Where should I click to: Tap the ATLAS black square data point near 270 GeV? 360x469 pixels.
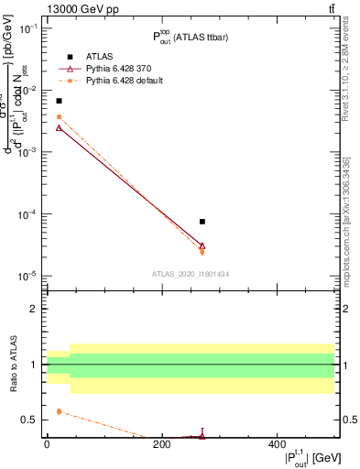tap(202, 222)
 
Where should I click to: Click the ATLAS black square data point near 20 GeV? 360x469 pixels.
tap(60, 101)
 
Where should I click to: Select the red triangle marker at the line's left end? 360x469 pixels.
tap(60, 127)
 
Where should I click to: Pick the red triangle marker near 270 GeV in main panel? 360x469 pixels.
tap(202, 245)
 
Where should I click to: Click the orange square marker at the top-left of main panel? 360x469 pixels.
tap(60, 116)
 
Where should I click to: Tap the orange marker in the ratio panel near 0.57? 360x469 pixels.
tap(60, 411)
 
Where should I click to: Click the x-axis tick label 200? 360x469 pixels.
tap(161, 443)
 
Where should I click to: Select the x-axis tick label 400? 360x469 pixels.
tap(276, 443)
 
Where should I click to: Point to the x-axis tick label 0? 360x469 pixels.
tap(47, 443)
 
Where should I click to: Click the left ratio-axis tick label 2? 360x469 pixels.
tap(36, 310)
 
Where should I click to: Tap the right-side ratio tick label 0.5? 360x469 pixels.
tap(348, 420)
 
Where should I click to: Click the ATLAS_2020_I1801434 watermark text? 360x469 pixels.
tap(190, 274)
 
